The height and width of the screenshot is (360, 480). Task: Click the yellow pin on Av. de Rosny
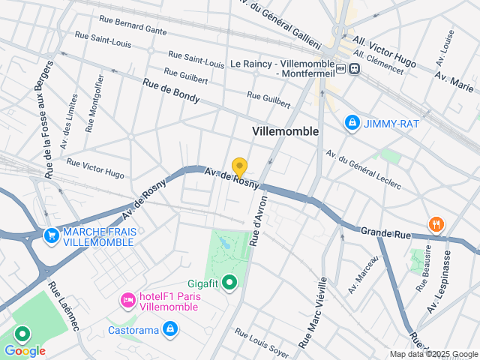[239, 166]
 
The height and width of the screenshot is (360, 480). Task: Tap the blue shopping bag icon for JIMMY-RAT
[351, 121]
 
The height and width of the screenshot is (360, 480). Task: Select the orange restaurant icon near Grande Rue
[436, 224]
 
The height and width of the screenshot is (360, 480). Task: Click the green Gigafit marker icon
[229, 283]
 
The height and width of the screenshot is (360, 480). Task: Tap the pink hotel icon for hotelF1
[127, 301]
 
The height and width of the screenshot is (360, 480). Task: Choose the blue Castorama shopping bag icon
[171, 328]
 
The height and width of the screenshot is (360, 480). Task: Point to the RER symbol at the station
[342, 68]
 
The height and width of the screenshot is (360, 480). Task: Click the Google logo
[25, 350]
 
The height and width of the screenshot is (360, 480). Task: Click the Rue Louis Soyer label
[261, 342]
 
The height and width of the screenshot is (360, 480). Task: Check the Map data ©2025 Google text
[433, 354]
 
